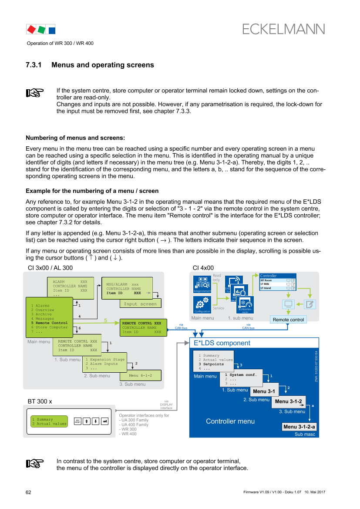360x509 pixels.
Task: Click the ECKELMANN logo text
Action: (x=283, y=29)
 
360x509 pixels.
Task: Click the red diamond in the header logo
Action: (x=31, y=30)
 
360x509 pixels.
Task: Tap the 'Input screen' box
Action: (x=140, y=304)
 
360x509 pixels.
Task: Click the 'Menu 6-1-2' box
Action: (x=140, y=375)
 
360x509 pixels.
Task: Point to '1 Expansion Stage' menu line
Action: (x=105, y=360)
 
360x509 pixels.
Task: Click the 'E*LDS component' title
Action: (x=222, y=343)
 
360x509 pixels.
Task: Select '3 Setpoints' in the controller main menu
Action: (x=211, y=364)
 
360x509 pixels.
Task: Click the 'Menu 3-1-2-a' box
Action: (x=299, y=427)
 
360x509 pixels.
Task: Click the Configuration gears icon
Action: (x=202, y=303)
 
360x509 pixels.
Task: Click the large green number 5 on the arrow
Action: (x=105, y=320)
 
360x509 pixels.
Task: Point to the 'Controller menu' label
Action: (x=230, y=421)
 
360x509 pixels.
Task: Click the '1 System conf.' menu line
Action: (x=241, y=374)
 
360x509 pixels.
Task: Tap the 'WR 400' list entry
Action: (x=129, y=434)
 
